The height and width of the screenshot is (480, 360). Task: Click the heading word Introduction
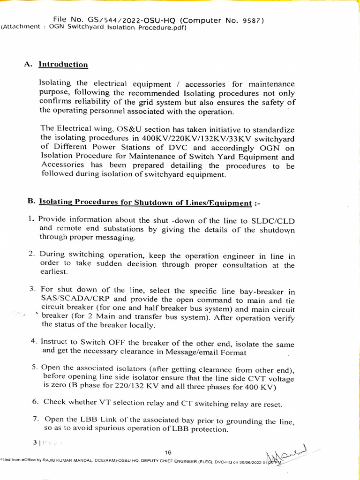[63, 65]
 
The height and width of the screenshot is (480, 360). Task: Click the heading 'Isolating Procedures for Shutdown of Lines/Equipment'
[145, 202]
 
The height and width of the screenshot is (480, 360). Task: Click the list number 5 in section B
[35, 367]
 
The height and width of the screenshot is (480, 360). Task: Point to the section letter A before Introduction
[27, 65]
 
